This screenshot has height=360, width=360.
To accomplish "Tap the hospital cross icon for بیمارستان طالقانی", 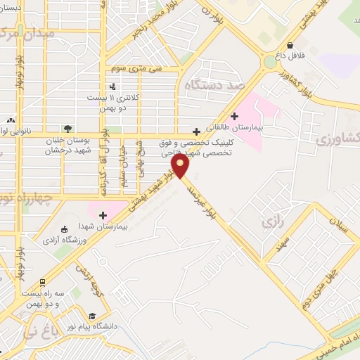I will coord(233,115).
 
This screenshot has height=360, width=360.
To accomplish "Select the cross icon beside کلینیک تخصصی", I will coord(195,131).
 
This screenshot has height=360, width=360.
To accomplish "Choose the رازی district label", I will coord(271,223).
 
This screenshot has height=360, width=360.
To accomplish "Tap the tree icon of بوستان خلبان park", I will coord(67,129).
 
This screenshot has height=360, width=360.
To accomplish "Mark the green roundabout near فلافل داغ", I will coord(270,62).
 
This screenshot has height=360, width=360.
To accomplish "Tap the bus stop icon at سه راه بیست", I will coord(41,280).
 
